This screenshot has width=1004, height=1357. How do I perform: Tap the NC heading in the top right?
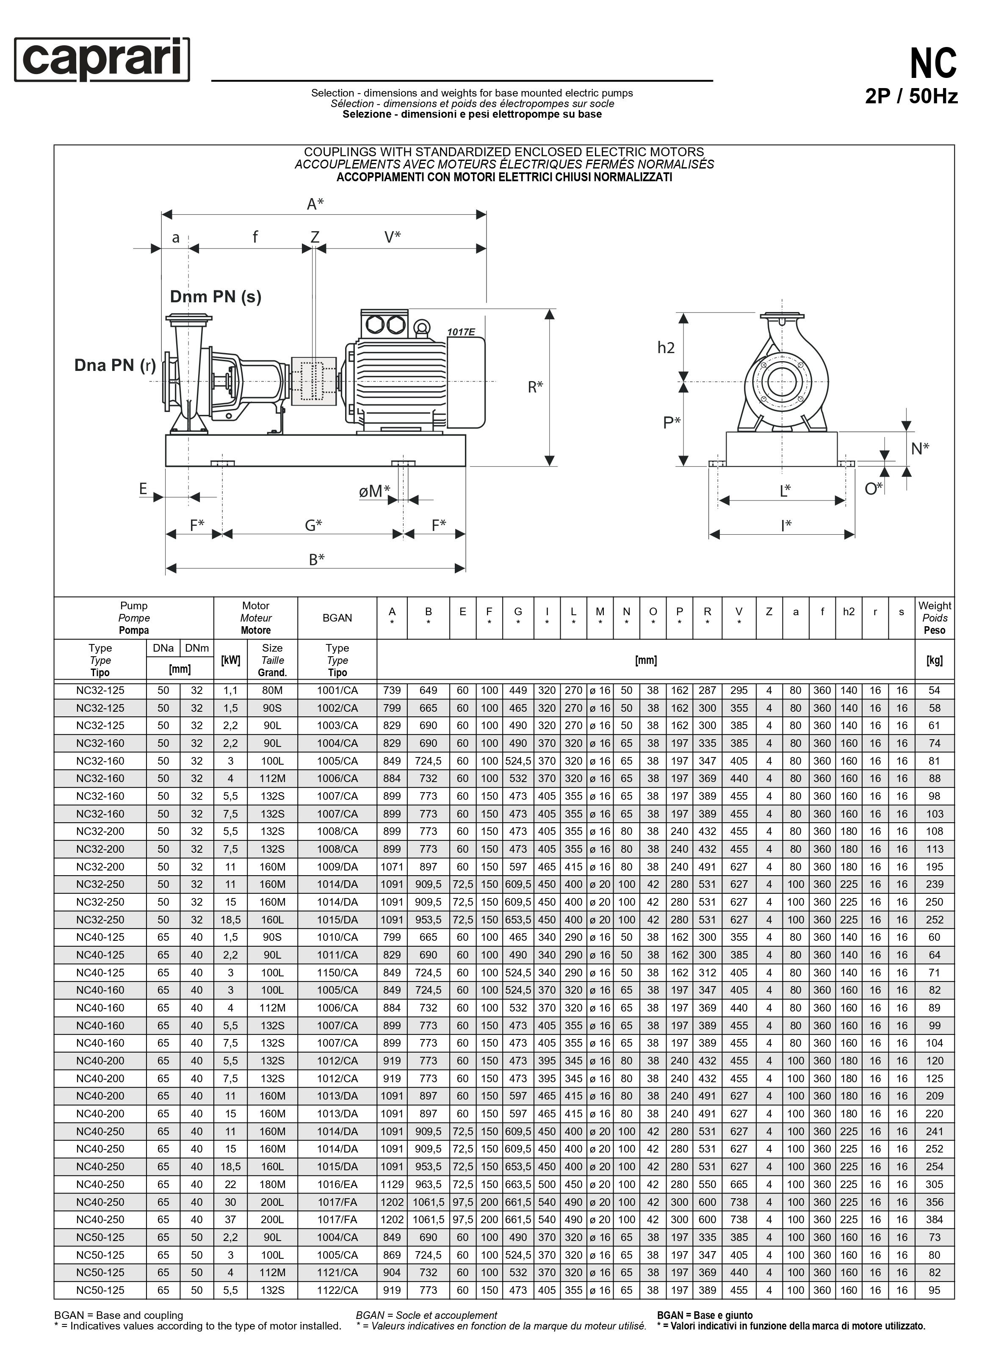[932, 64]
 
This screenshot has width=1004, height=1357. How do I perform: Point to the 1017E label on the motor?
[461, 332]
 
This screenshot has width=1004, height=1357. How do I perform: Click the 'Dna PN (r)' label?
[115, 365]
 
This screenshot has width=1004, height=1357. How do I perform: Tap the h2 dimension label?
[666, 348]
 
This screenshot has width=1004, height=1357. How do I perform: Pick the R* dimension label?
[535, 387]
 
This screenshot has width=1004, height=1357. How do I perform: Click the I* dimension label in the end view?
[786, 525]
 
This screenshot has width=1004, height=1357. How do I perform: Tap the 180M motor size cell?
[272, 1184]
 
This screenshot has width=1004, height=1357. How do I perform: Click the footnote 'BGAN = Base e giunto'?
[704, 1315]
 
